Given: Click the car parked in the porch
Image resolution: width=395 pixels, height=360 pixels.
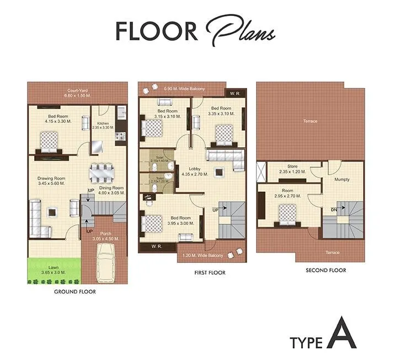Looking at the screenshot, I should pos(105,261).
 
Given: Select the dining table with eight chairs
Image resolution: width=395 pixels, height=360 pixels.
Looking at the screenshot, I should pos(102,174).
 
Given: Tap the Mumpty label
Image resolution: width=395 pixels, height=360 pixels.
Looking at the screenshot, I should pos(341,180).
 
